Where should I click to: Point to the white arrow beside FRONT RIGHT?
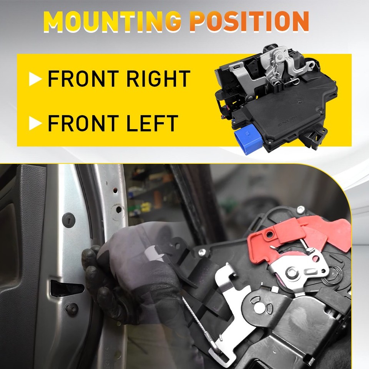(35, 79)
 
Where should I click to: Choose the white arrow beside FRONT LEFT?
(35, 123)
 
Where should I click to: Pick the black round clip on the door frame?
(68, 219)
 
